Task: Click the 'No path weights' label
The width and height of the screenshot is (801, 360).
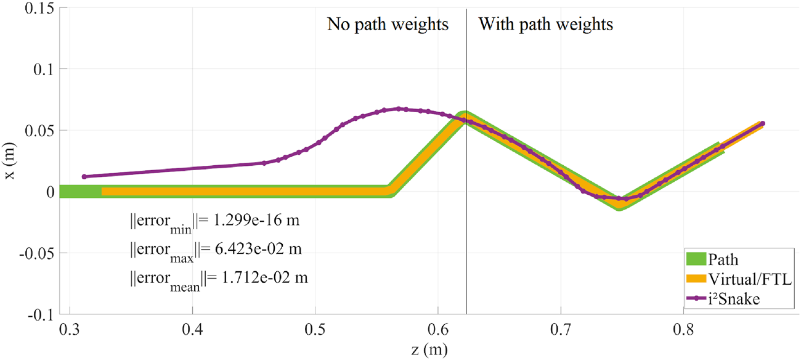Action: coord(388,25)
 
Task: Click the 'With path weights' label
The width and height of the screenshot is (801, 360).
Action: coord(546,25)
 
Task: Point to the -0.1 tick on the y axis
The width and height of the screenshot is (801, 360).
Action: coord(39,314)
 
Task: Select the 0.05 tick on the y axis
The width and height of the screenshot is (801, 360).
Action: coord(39,131)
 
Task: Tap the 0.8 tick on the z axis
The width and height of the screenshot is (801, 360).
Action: coord(684,330)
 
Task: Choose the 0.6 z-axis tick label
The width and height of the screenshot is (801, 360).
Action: coord(438,330)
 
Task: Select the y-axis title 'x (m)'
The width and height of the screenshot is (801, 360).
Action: coord(9,162)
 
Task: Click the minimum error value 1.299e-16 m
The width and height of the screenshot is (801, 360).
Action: coord(254,220)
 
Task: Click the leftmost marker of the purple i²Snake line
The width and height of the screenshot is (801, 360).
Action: coord(84,177)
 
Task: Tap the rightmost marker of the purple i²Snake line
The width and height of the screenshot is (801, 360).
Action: coord(762,124)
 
